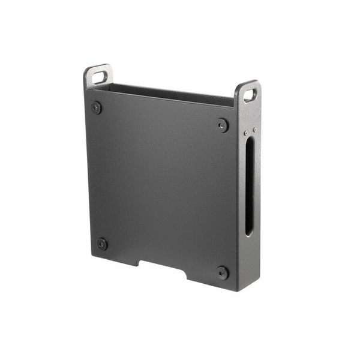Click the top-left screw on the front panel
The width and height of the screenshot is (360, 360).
click(x=96, y=108)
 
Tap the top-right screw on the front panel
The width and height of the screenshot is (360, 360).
click(x=223, y=125)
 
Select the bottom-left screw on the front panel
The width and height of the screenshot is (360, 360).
click(x=102, y=244)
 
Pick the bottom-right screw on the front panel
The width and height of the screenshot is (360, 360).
click(x=223, y=272)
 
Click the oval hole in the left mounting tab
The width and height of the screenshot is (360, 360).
click(x=100, y=77)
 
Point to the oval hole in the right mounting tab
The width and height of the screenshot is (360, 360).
click(x=250, y=95)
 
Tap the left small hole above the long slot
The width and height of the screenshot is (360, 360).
click(x=245, y=133)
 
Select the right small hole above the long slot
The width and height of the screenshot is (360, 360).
click(x=254, y=130)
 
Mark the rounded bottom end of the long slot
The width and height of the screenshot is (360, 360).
click(x=248, y=232)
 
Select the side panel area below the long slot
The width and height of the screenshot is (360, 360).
click(x=248, y=258)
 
